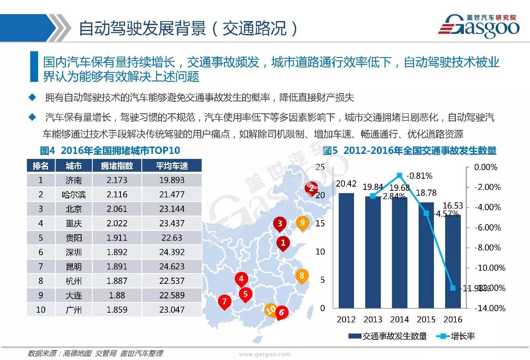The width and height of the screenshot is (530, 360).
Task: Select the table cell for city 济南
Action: [x=74, y=180]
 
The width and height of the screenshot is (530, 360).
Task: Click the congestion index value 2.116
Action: [x=117, y=194]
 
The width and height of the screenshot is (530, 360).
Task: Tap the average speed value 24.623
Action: [x=172, y=266]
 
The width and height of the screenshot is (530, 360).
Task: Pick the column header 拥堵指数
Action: [x=117, y=166]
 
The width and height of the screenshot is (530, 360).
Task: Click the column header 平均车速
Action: [x=172, y=166]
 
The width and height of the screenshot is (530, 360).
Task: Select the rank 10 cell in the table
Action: [x=41, y=310]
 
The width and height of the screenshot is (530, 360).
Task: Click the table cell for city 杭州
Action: [x=74, y=281]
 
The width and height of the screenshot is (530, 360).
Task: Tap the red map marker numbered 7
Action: [x=224, y=302]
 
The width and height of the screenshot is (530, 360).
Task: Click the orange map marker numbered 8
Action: [x=301, y=276]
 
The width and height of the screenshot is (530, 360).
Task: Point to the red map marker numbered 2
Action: [x=311, y=188]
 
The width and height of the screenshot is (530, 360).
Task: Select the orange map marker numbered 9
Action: [x=303, y=223]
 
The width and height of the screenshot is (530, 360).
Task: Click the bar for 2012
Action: [x=346, y=250]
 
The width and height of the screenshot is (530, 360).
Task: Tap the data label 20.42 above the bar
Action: [x=346, y=184]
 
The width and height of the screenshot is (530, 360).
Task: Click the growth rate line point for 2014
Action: [x=400, y=175]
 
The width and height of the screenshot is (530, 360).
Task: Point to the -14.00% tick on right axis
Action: [x=490, y=308]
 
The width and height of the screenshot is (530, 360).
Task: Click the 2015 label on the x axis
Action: [x=426, y=319]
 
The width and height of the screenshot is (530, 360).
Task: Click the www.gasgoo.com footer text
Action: [x=265, y=354]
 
